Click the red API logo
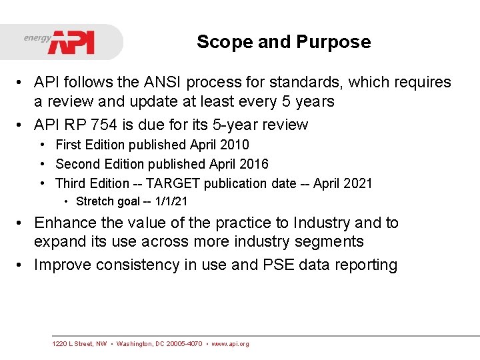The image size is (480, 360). [71, 42]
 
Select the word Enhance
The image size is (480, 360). [65, 223]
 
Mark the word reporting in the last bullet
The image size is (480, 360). [366, 265]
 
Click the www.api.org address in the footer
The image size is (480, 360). [231, 344]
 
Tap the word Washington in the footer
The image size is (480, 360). [135, 344]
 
